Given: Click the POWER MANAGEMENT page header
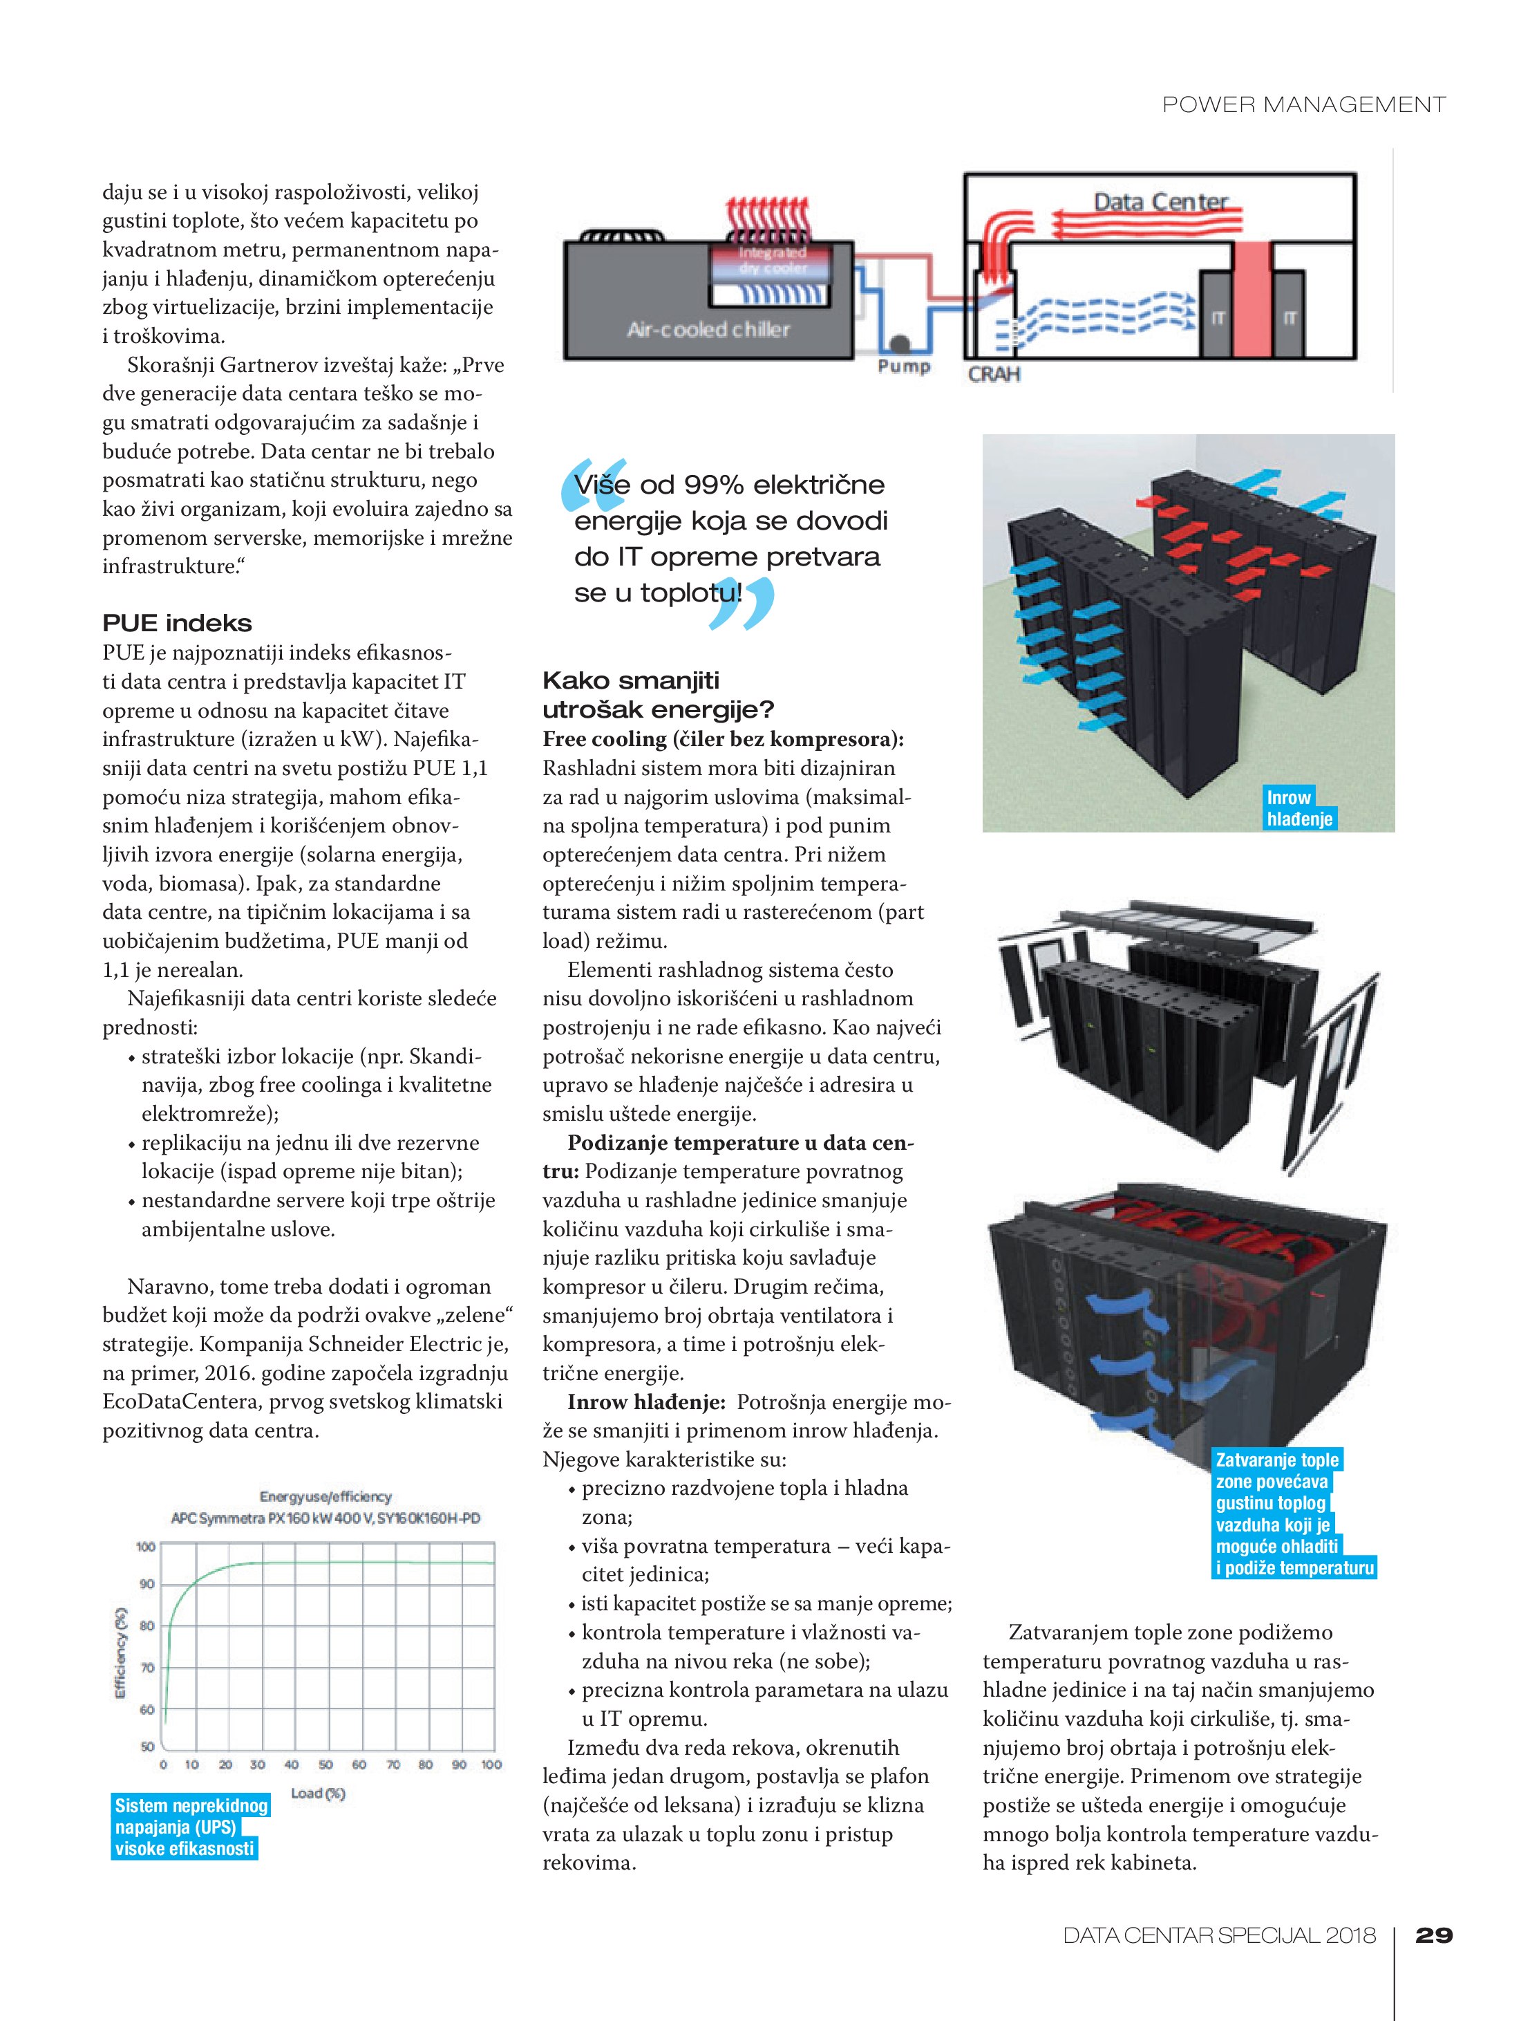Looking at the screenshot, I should tap(1303, 105).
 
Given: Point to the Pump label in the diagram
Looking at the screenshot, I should tap(903, 367).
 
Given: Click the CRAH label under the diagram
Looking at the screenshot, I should tap(994, 375).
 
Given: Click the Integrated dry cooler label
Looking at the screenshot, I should tap(772, 259).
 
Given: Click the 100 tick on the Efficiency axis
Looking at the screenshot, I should tap(145, 1547).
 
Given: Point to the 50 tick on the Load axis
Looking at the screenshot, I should tap(325, 1764).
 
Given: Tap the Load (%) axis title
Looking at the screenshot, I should tap(318, 1793).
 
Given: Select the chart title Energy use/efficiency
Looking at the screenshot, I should tap(325, 1496).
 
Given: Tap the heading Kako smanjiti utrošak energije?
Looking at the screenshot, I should tap(658, 694).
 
